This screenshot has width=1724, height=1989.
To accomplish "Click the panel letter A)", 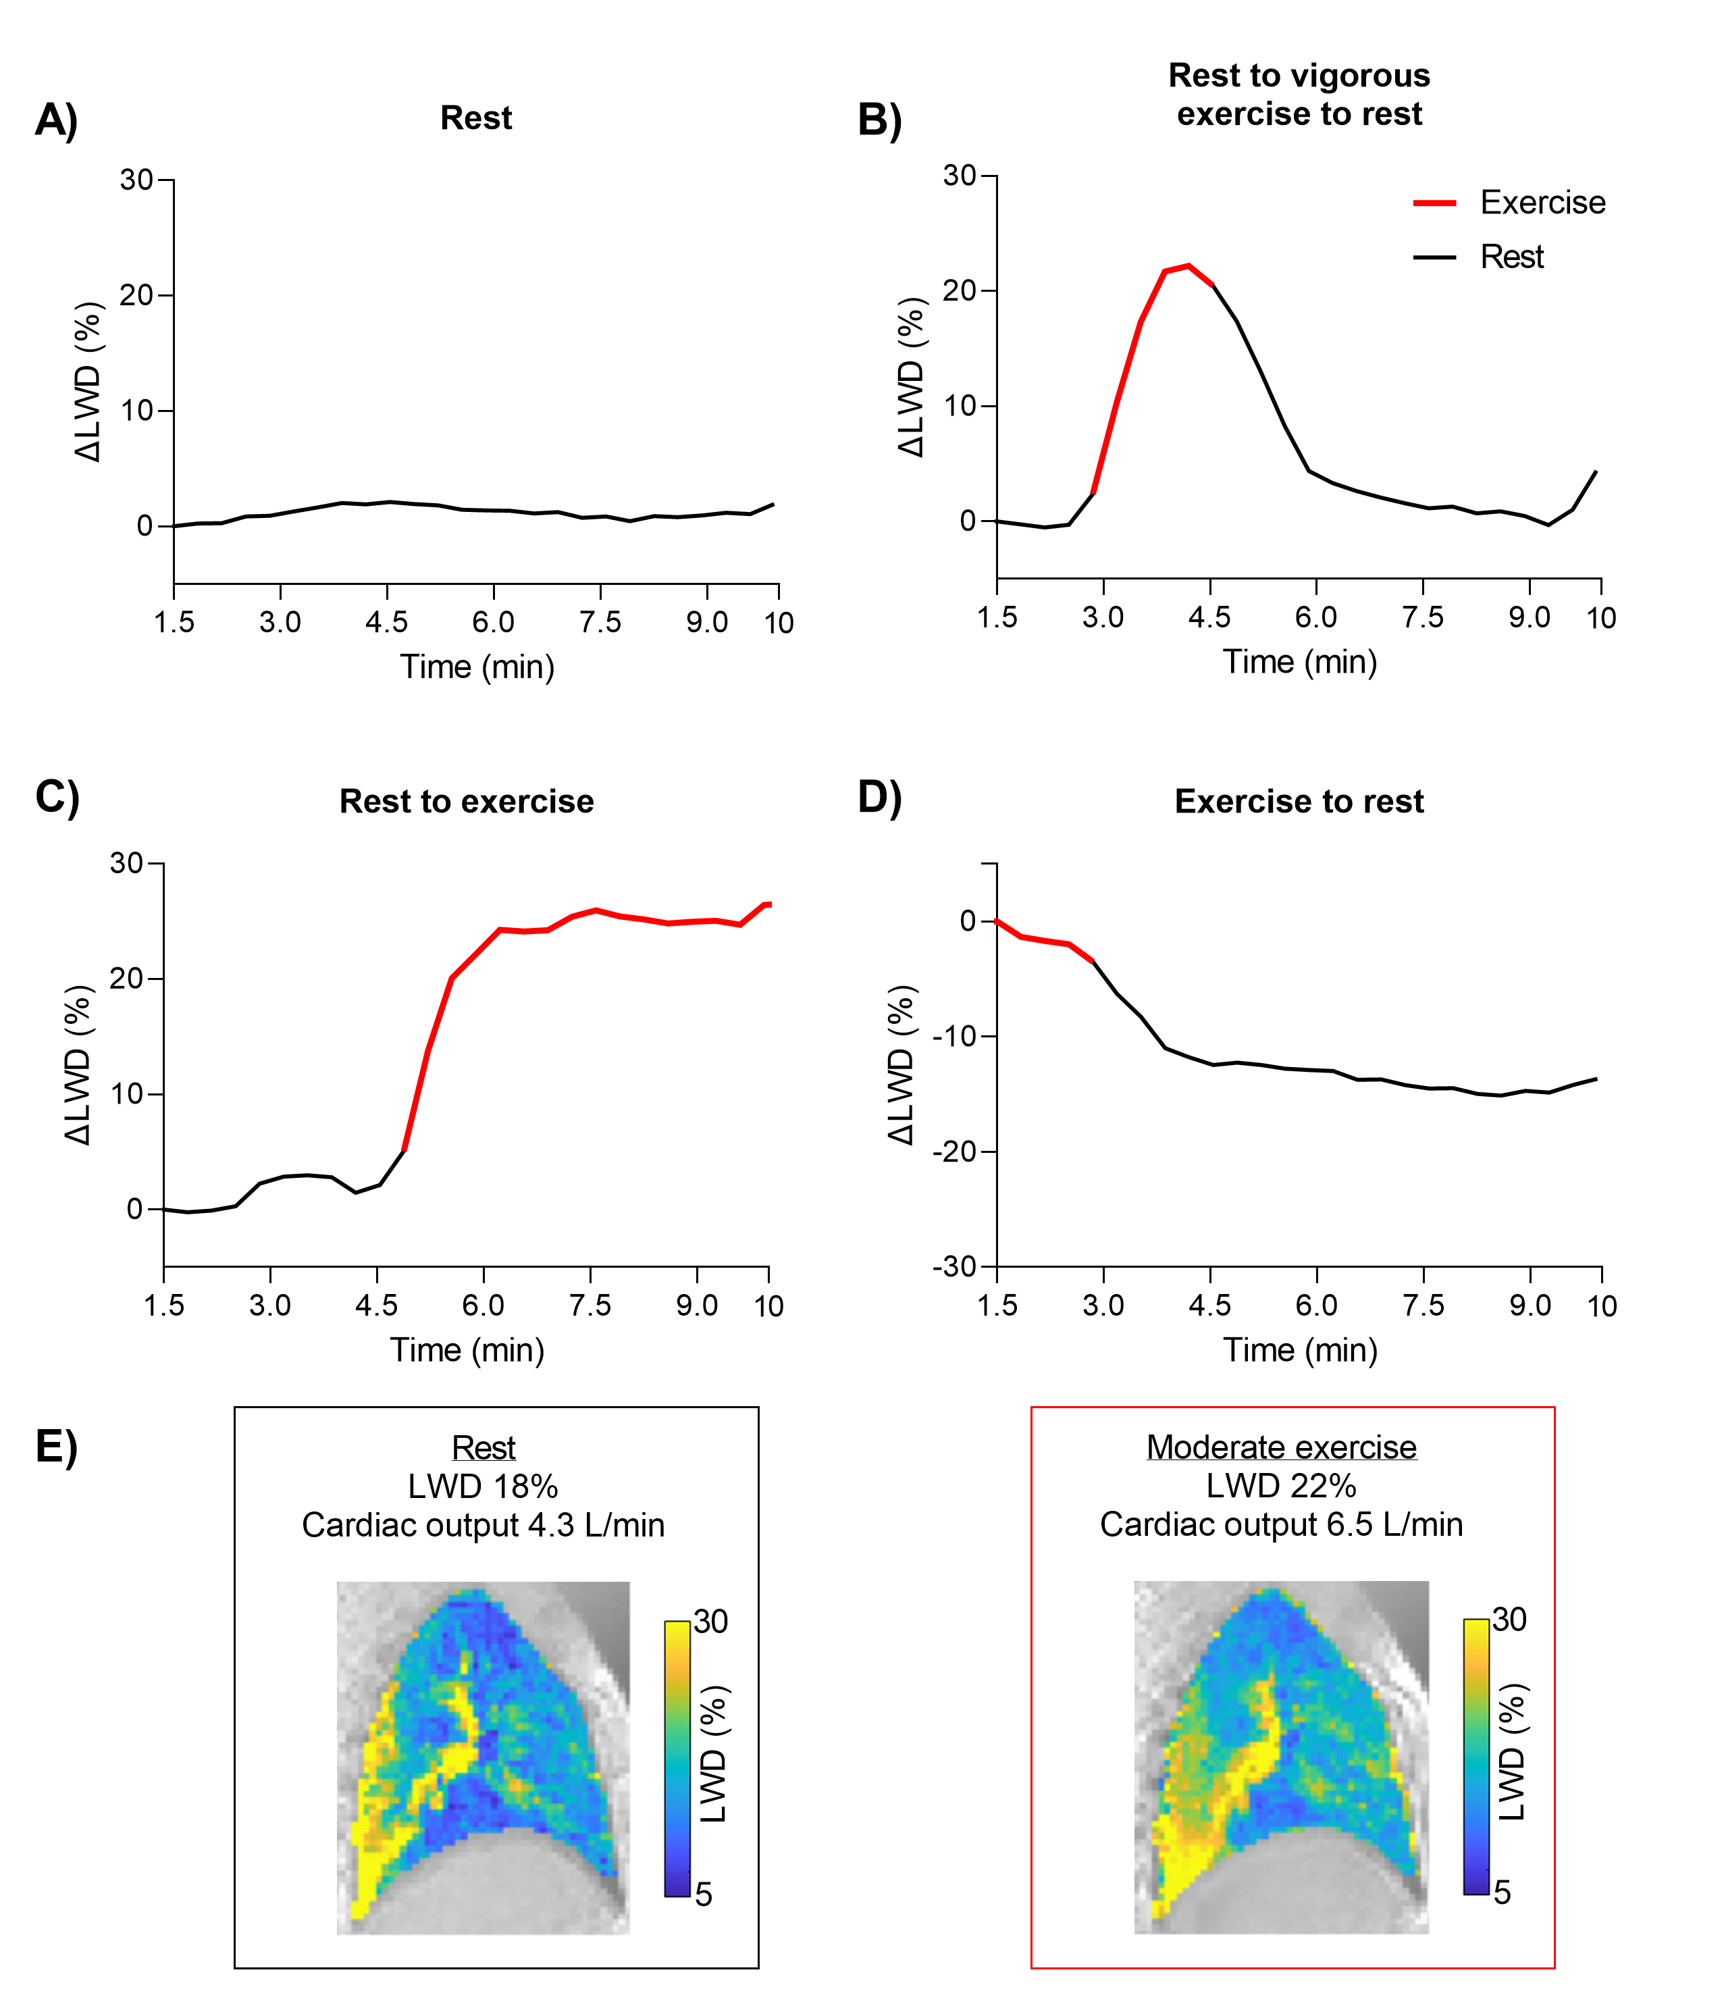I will tap(56, 120).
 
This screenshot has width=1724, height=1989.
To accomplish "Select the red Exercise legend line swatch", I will tap(1434, 203).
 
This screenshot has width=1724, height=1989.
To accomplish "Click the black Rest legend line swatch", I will tap(1434, 257).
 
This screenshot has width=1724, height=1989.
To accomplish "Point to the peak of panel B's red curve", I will tap(1189, 265).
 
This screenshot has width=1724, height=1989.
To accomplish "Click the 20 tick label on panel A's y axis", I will tap(136, 295).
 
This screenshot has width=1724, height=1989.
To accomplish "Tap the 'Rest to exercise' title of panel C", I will tap(467, 802).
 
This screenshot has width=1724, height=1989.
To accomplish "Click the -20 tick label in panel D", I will tap(954, 1152).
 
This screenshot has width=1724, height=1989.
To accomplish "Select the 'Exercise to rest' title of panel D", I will tap(1299, 802).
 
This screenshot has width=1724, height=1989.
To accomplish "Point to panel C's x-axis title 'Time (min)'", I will tap(467, 1350).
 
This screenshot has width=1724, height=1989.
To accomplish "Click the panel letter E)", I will tap(56, 1446).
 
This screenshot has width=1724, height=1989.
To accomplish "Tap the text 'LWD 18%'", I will tap(483, 1487).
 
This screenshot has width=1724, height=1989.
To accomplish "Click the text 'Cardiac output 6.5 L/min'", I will tap(1282, 1524).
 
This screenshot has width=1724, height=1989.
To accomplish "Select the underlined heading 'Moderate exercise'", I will tap(1282, 1447).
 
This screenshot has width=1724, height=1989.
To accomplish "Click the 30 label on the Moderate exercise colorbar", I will tap(1509, 1620).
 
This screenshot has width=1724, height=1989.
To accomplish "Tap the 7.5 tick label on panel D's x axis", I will tap(1423, 1306).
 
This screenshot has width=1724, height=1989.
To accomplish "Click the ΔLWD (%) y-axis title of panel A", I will tap(88, 382).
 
